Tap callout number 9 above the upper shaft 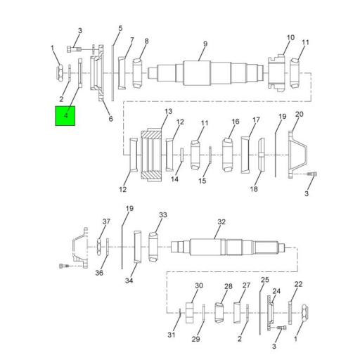click(205, 44)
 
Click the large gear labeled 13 click(153, 153)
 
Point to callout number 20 click(299, 114)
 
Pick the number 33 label click(162, 215)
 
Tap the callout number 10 click(290, 37)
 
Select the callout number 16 click(236, 121)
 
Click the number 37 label click(106, 221)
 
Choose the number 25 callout click(264, 280)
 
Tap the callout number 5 click(120, 29)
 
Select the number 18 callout click(255, 190)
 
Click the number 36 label click(99, 273)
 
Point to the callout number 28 click(228, 286)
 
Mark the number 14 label click(174, 179)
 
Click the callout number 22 click(298, 284)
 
